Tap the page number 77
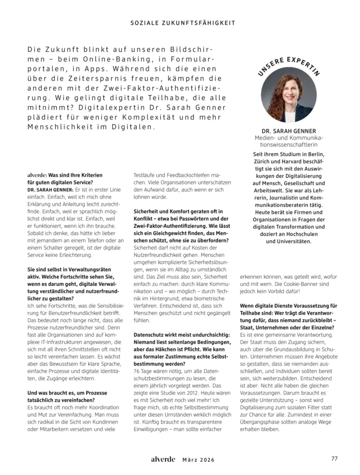click(334, 459)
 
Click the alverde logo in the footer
click(163, 459)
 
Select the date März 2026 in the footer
click(198, 460)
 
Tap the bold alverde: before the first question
click(37, 175)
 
